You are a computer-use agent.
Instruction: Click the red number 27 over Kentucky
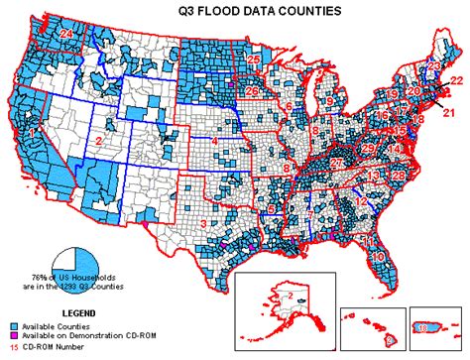point(337,162)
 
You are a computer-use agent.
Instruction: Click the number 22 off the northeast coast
point(455,80)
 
